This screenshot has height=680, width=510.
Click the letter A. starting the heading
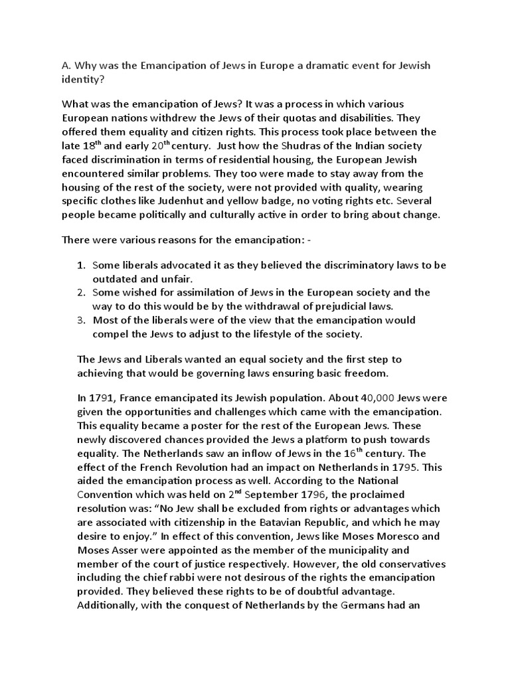[66, 66]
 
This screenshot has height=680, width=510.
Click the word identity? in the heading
[86, 80]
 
